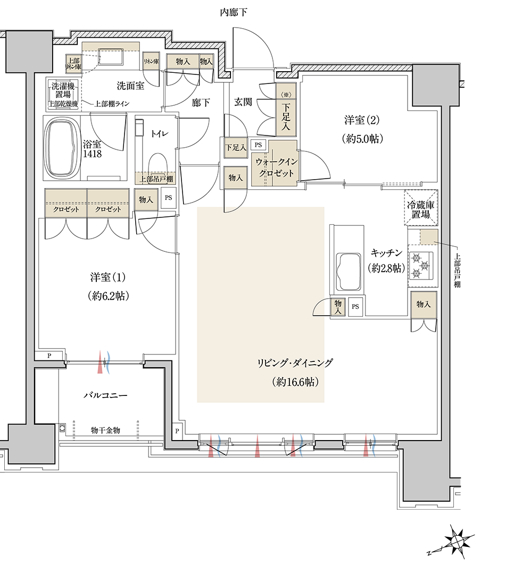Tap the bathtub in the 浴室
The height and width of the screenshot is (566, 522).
61,148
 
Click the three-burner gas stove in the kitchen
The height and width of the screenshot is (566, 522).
420,266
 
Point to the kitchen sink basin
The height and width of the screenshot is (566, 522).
349,272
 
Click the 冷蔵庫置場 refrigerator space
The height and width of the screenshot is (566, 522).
421,208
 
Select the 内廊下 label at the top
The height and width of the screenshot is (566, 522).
234,13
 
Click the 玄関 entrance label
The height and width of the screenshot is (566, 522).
243,102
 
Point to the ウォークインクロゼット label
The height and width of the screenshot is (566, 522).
277,167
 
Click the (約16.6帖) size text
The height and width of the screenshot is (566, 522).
295,382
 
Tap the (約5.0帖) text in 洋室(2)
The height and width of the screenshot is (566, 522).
362,139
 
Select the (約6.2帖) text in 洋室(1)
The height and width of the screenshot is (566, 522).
108,297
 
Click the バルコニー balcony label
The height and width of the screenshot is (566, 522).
105,395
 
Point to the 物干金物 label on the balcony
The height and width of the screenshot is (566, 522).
105,430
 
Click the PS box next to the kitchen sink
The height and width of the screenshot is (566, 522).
355,307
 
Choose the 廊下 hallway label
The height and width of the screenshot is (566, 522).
201,103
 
